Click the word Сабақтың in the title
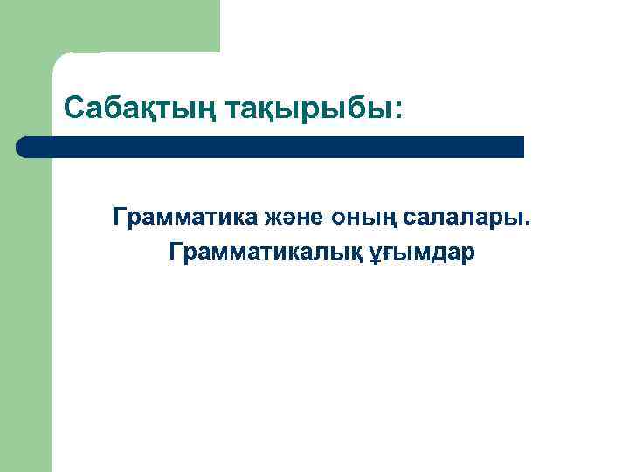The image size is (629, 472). (x=142, y=108)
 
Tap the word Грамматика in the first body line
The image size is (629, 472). (x=180, y=215)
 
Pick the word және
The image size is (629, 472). (x=282, y=215)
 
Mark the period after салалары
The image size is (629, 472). (x=526, y=220)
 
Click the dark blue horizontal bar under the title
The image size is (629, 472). (x=271, y=147)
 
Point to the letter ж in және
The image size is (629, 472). (x=264, y=216)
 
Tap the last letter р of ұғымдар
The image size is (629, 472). (x=468, y=253)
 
